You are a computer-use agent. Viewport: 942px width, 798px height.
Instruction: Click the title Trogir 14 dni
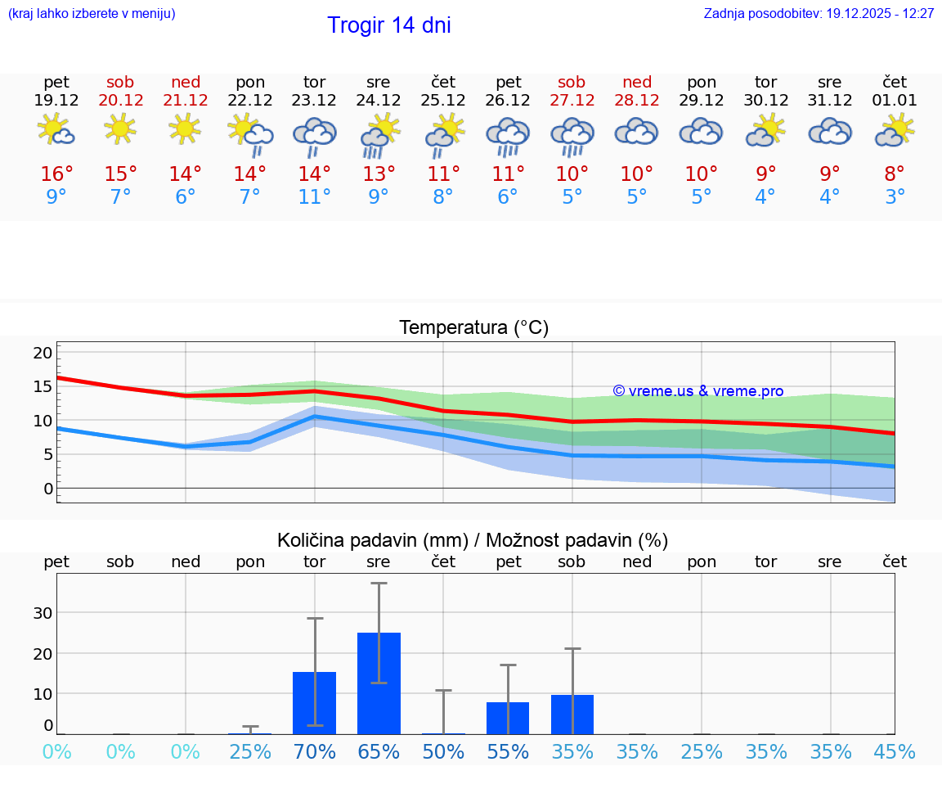[x=389, y=25]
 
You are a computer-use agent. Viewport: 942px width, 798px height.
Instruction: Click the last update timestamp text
[x=819, y=14]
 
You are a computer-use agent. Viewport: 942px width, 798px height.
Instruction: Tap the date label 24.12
[x=378, y=101]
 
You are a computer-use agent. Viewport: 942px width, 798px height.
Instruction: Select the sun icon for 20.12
[x=120, y=128]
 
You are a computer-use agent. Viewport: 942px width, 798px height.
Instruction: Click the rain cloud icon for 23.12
[x=315, y=136]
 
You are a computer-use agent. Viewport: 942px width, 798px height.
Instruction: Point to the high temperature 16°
[x=56, y=174]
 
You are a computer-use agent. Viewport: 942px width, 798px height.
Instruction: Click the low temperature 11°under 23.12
[x=315, y=197]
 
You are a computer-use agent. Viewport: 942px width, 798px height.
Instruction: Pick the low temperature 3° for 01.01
[x=895, y=197]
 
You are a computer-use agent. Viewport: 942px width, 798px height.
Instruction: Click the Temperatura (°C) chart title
[x=473, y=328]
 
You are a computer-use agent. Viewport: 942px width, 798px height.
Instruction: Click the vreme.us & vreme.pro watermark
[x=698, y=391]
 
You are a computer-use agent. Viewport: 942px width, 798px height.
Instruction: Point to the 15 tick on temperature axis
[x=43, y=386]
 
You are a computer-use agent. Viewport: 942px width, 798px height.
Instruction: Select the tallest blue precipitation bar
[x=379, y=683]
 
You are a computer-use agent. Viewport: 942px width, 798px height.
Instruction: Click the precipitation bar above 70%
[x=315, y=702]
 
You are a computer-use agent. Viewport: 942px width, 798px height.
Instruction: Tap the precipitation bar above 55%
[x=508, y=718]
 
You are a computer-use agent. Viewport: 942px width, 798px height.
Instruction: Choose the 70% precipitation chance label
[x=315, y=752]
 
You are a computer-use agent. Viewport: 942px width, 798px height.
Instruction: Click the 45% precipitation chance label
[x=895, y=752]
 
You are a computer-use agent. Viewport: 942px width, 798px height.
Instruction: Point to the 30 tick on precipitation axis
[x=43, y=613]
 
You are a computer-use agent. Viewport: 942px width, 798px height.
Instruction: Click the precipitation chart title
[x=473, y=540]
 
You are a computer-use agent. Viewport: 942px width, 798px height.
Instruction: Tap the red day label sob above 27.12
[x=572, y=82]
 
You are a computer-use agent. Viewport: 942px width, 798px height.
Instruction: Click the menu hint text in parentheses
[x=92, y=14]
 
